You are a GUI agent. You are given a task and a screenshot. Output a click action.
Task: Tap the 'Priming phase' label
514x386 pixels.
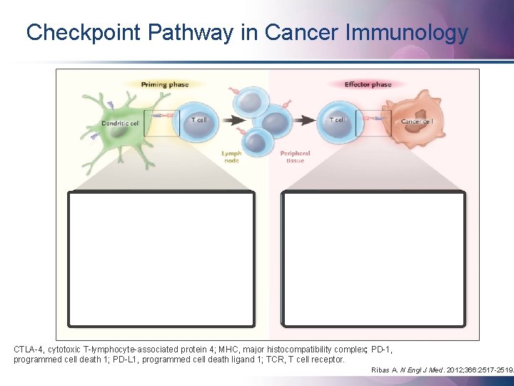coord(165,84)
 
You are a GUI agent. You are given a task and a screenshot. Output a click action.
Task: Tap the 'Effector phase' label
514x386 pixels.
coord(368,84)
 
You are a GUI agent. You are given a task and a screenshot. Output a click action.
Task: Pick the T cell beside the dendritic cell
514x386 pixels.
coord(196,121)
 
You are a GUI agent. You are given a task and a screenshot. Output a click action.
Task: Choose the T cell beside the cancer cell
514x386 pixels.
coord(338,121)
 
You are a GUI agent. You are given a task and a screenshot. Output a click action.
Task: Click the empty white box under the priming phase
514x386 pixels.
coord(161,258)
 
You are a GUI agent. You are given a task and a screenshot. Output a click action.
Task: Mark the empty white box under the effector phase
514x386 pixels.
coord(375,258)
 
